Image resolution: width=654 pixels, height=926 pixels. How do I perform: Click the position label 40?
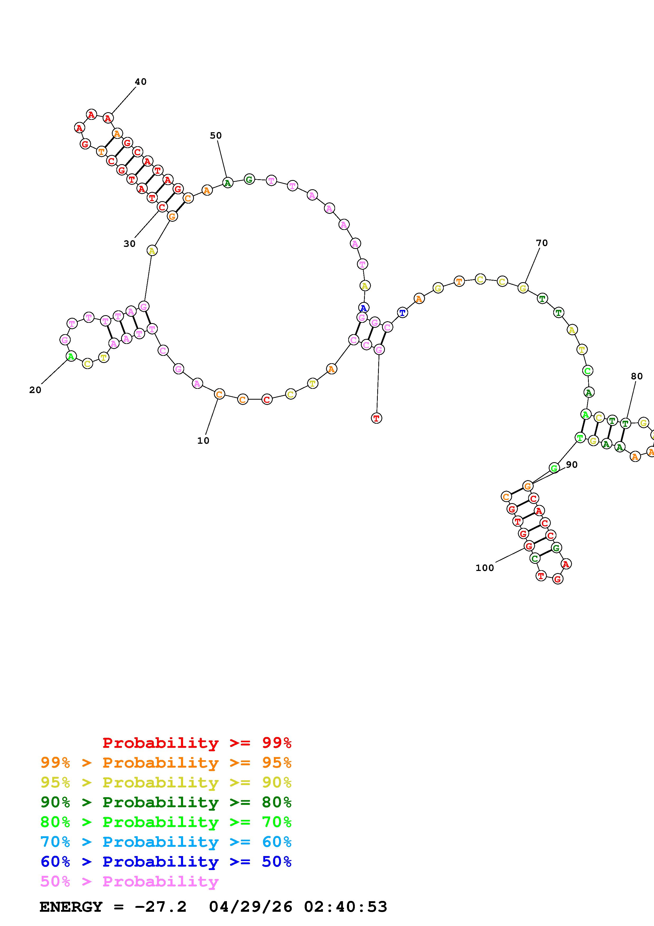point(141,82)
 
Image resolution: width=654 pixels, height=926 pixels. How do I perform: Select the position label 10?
point(203,441)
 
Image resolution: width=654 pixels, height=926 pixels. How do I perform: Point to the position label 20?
point(35,390)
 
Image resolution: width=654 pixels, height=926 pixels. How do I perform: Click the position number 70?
point(542,243)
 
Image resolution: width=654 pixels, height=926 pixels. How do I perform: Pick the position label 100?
point(484,568)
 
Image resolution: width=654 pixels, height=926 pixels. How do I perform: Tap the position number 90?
point(571,465)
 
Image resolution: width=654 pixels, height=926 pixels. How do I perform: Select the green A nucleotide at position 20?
point(71,356)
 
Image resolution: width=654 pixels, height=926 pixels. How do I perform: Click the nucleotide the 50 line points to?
point(228,183)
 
